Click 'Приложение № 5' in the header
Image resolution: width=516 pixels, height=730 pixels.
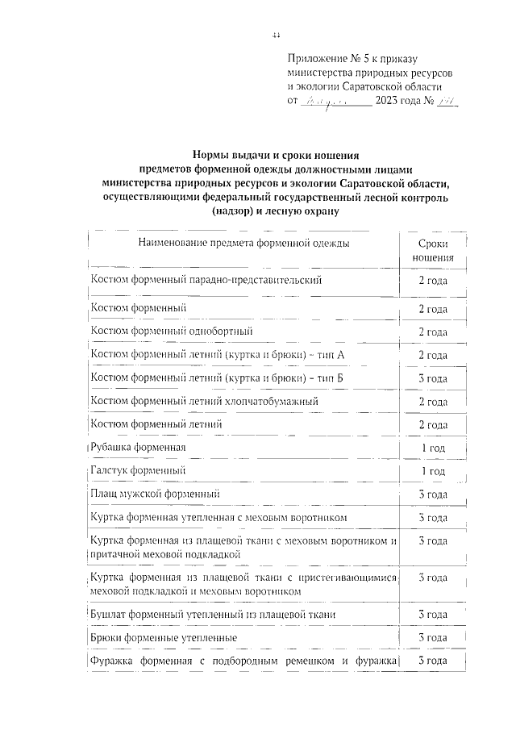(322, 59)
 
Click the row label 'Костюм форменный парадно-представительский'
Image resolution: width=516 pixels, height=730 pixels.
(206, 280)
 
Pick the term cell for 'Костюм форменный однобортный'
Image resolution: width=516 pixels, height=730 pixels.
(432, 332)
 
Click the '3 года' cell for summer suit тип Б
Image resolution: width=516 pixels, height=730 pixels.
(432, 378)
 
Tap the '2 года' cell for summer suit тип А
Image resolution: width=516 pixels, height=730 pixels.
(432, 355)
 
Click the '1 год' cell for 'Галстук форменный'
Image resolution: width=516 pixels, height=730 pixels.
(432, 470)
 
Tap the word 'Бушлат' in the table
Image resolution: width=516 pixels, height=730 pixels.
(109, 615)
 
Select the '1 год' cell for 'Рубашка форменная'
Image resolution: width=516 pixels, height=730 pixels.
(432, 447)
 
